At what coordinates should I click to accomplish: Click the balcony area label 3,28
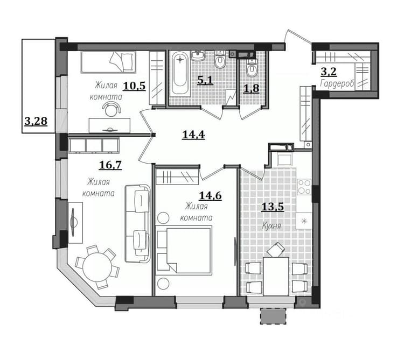click(36, 121)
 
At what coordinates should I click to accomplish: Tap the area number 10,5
click(134, 86)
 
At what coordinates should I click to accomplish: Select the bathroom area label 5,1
click(205, 80)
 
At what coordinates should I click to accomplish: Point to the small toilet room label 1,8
click(251, 88)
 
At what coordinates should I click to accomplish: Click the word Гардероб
click(337, 84)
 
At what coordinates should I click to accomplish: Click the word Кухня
click(271, 226)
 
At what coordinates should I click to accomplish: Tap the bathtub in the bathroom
click(180, 73)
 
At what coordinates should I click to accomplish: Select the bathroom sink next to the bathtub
click(198, 55)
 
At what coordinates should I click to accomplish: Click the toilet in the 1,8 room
click(252, 68)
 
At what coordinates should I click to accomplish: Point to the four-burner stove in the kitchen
click(304, 187)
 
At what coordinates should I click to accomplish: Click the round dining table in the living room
click(97, 267)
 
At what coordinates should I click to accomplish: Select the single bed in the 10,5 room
click(108, 62)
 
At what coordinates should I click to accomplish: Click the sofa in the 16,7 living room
click(137, 223)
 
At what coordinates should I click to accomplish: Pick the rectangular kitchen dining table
click(276, 276)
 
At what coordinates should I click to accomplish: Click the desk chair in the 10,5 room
click(112, 109)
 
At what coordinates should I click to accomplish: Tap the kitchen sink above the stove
click(284, 160)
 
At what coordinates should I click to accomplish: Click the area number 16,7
click(110, 165)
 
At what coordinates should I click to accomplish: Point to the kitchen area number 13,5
click(273, 207)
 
